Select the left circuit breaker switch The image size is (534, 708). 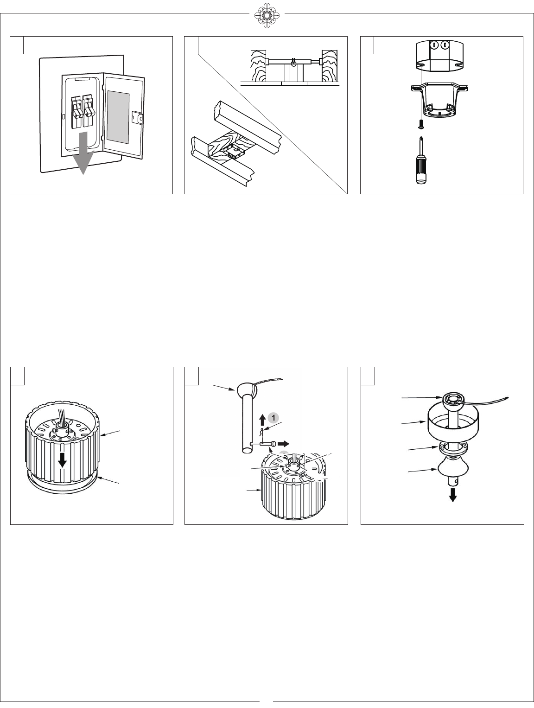coord(76,111)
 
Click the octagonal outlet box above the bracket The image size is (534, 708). coord(439,55)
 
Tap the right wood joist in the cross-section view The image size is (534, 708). coord(331,65)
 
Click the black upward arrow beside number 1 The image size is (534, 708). coord(262,420)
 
